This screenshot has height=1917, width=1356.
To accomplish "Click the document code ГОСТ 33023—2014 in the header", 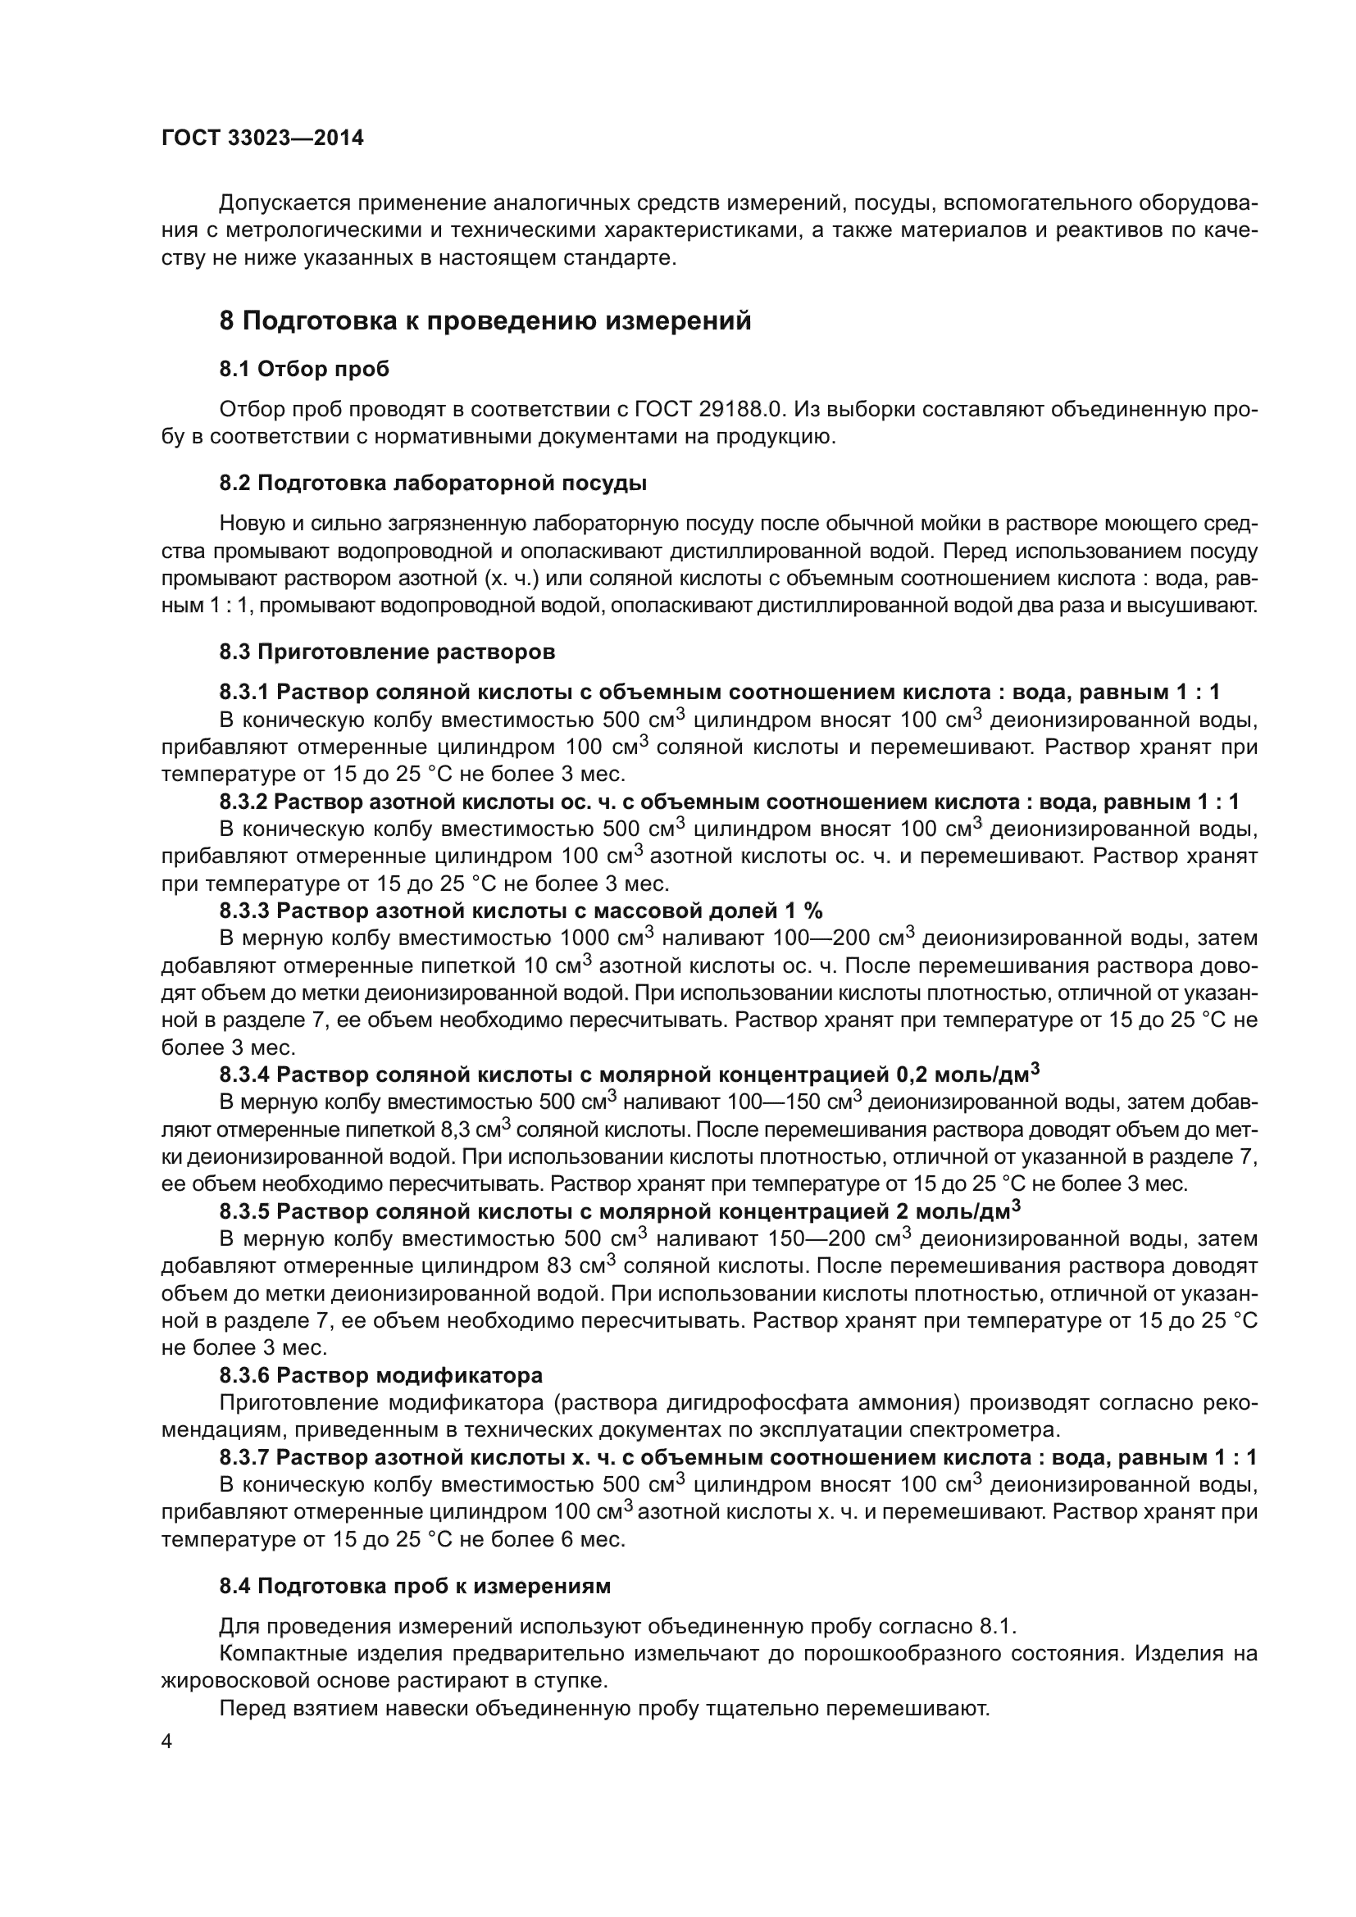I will pyautogui.click(x=262, y=139).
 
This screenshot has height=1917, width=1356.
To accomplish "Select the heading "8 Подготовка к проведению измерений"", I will pyautogui.click(x=485, y=321).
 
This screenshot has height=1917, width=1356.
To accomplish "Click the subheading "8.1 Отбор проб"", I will pyautogui.click(x=304, y=369).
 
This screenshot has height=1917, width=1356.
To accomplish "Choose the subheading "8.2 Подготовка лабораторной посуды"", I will pyautogui.click(x=433, y=484).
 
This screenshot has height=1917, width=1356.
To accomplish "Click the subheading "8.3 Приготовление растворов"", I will pyautogui.click(x=387, y=652).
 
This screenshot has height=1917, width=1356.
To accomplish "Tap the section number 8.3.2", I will pyautogui.click(x=243, y=802).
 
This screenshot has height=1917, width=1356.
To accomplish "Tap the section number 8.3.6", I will pyautogui.click(x=243, y=1375).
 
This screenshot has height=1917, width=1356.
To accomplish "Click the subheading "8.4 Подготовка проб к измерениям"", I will pyautogui.click(x=414, y=1587).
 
